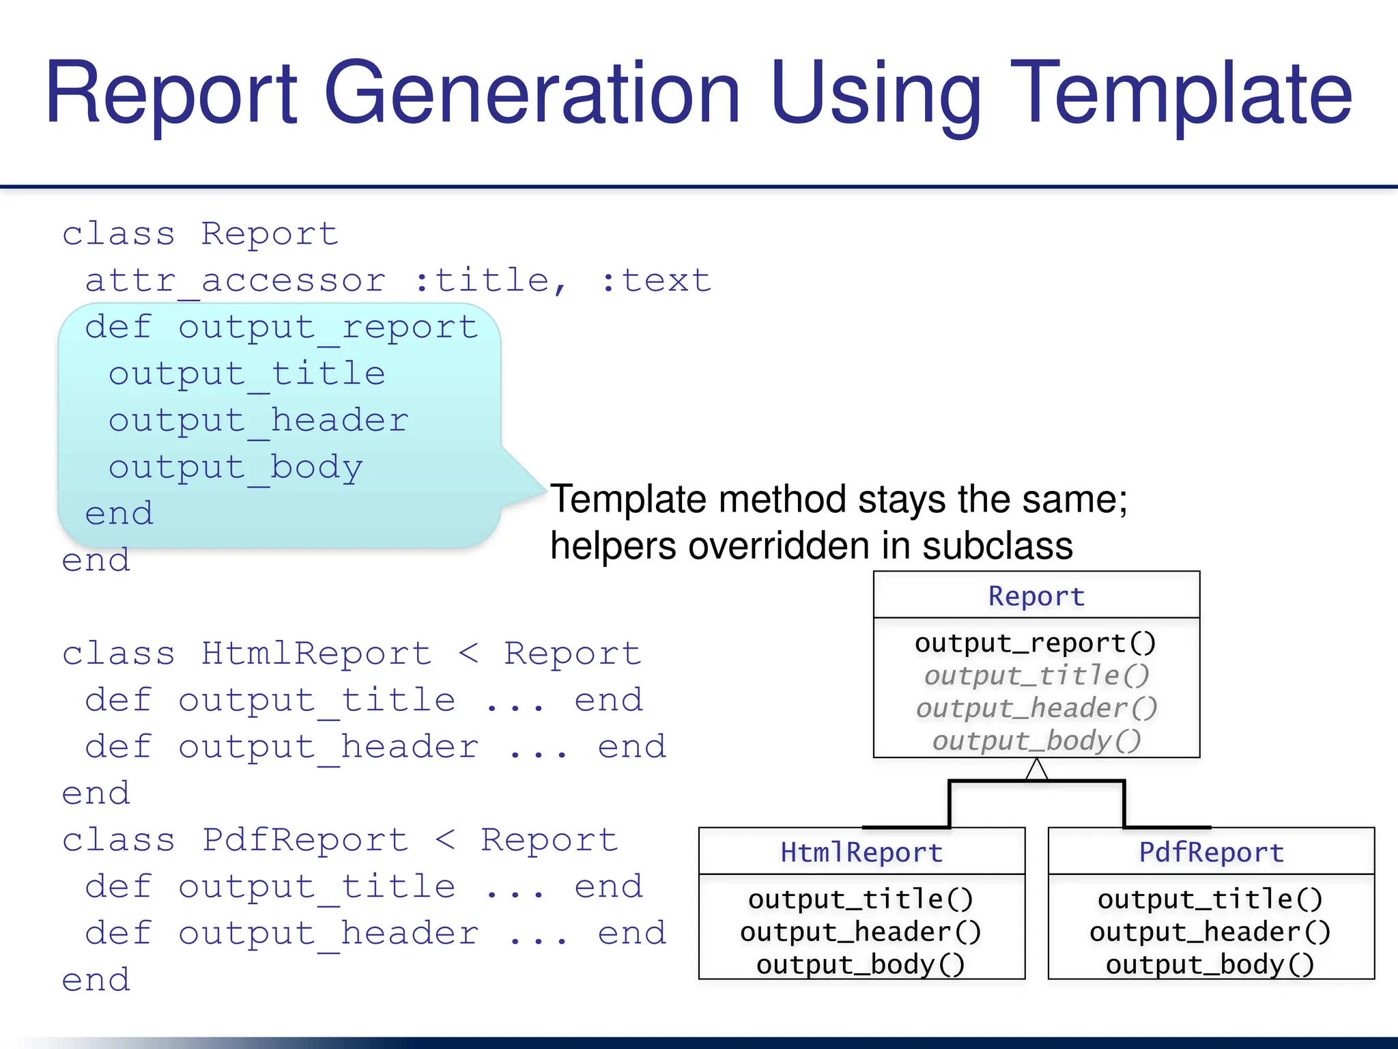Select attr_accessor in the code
236,281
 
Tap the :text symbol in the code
655,281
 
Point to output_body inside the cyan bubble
236,468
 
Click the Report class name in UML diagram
1036,596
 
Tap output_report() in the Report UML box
1036,643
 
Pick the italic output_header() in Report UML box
1036,708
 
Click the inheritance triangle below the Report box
1036,770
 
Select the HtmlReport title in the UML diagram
861,852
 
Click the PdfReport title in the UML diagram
1211,852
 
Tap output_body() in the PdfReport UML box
1210,964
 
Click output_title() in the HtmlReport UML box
861,899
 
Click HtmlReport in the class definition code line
317,654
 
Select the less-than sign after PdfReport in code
445,840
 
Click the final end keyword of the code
96,980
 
